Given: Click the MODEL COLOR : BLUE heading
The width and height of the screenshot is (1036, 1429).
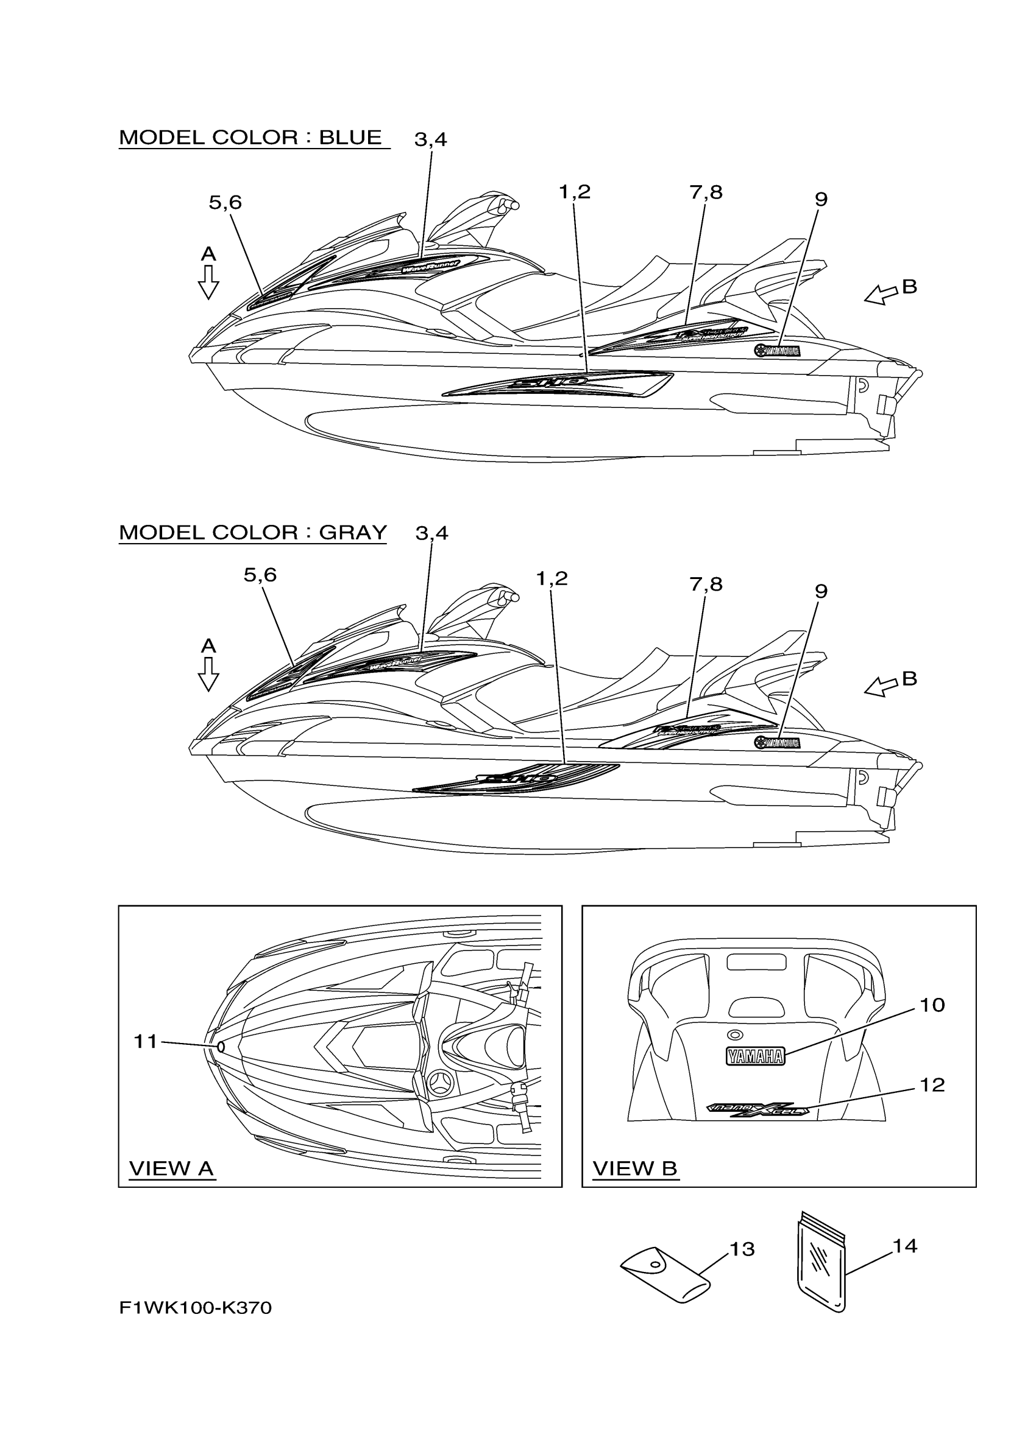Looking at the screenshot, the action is [x=250, y=138].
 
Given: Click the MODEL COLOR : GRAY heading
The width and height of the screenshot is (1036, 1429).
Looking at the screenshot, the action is [x=252, y=532].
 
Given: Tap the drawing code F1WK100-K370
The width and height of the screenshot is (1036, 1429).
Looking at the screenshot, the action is [x=196, y=1307].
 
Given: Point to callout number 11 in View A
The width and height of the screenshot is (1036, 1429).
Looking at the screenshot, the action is [x=145, y=1042].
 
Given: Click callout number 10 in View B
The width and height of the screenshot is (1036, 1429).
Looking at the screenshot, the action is [x=932, y=1005].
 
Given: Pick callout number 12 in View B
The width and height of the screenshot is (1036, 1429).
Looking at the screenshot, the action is [x=932, y=1084].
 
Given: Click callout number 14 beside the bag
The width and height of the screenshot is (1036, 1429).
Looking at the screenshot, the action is [x=905, y=1245].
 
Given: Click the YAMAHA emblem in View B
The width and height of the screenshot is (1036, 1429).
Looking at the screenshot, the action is [x=755, y=1056].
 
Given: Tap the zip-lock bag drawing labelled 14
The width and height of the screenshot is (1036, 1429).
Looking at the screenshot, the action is [x=821, y=1265].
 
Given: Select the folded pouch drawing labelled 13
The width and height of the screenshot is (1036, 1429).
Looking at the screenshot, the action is [x=666, y=1274].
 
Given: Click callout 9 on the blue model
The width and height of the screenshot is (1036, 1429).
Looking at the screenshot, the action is [x=820, y=200].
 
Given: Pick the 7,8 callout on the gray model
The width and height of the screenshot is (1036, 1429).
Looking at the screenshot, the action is [x=706, y=585].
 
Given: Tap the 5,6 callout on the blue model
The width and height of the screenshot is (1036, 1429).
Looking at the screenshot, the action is [x=225, y=203].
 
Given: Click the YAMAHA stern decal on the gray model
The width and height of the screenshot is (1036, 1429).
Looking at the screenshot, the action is [x=777, y=743].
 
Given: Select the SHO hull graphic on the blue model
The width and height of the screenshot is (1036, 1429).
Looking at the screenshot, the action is [x=558, y=383].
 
